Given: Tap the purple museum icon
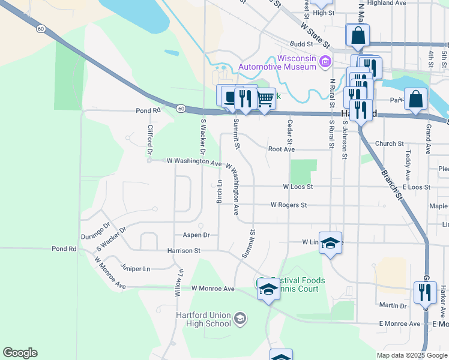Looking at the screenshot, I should [325, 61].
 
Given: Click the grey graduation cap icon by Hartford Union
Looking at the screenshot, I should [240, 318].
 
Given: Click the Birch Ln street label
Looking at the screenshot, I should [220, 191].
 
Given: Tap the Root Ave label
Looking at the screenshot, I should [282, 149].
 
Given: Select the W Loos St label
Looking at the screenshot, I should [298, 187].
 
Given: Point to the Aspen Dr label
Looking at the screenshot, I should [197, 235].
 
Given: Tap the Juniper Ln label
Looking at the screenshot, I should [135, 269].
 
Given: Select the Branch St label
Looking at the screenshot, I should [391, 184].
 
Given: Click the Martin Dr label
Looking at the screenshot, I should [393, 306].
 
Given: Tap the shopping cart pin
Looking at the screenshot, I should [265, 99].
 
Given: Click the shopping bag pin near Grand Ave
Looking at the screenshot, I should [415, 99].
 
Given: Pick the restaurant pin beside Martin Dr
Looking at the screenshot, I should [424, 293].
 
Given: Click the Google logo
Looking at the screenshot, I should [20, 353].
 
